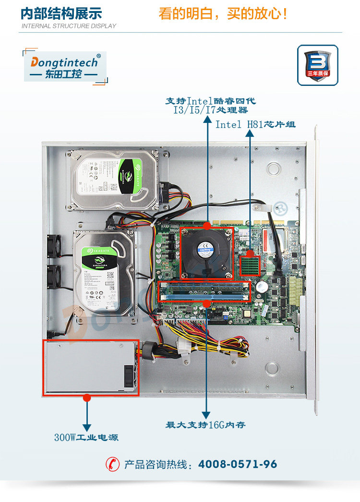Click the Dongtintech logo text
coord(64,62)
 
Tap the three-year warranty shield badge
coord(317,65)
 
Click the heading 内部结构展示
coord(61,13)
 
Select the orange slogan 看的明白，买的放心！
coord(223,13)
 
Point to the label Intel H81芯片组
coord(255,125)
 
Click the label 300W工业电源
coord(86,438)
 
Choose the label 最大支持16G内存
coord(206,425)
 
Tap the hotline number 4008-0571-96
coord(238,464)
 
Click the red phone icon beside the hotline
coord(112,464)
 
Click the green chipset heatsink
coord(250,266)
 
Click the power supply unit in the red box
coord(91,368)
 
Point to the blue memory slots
coord(206,291)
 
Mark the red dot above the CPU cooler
coord(207,225)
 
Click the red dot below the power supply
coord(87,397)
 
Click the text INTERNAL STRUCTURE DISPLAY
coord(69,26)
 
